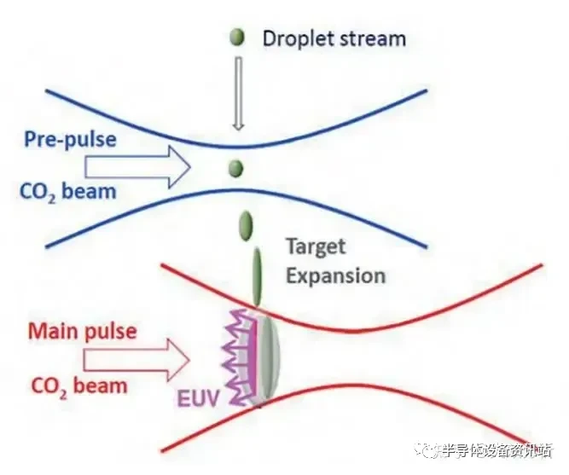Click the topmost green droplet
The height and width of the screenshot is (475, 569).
pyautogui.click(x=237, y=38)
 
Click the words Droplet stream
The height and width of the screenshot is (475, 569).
pyautogui.click(x=334, y=38)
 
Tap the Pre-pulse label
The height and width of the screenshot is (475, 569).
pyautogui.click(x=71, y=139)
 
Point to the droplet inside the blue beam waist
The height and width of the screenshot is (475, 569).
pyautogui.click(x=236, y=168)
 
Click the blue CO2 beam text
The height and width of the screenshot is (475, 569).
pyautogui.click(x=67, y=189)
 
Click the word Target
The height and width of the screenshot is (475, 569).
pyautogui.click(x=316, y=247)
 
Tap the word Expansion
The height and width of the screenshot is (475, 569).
pyautogui.click(x=335, y=275)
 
